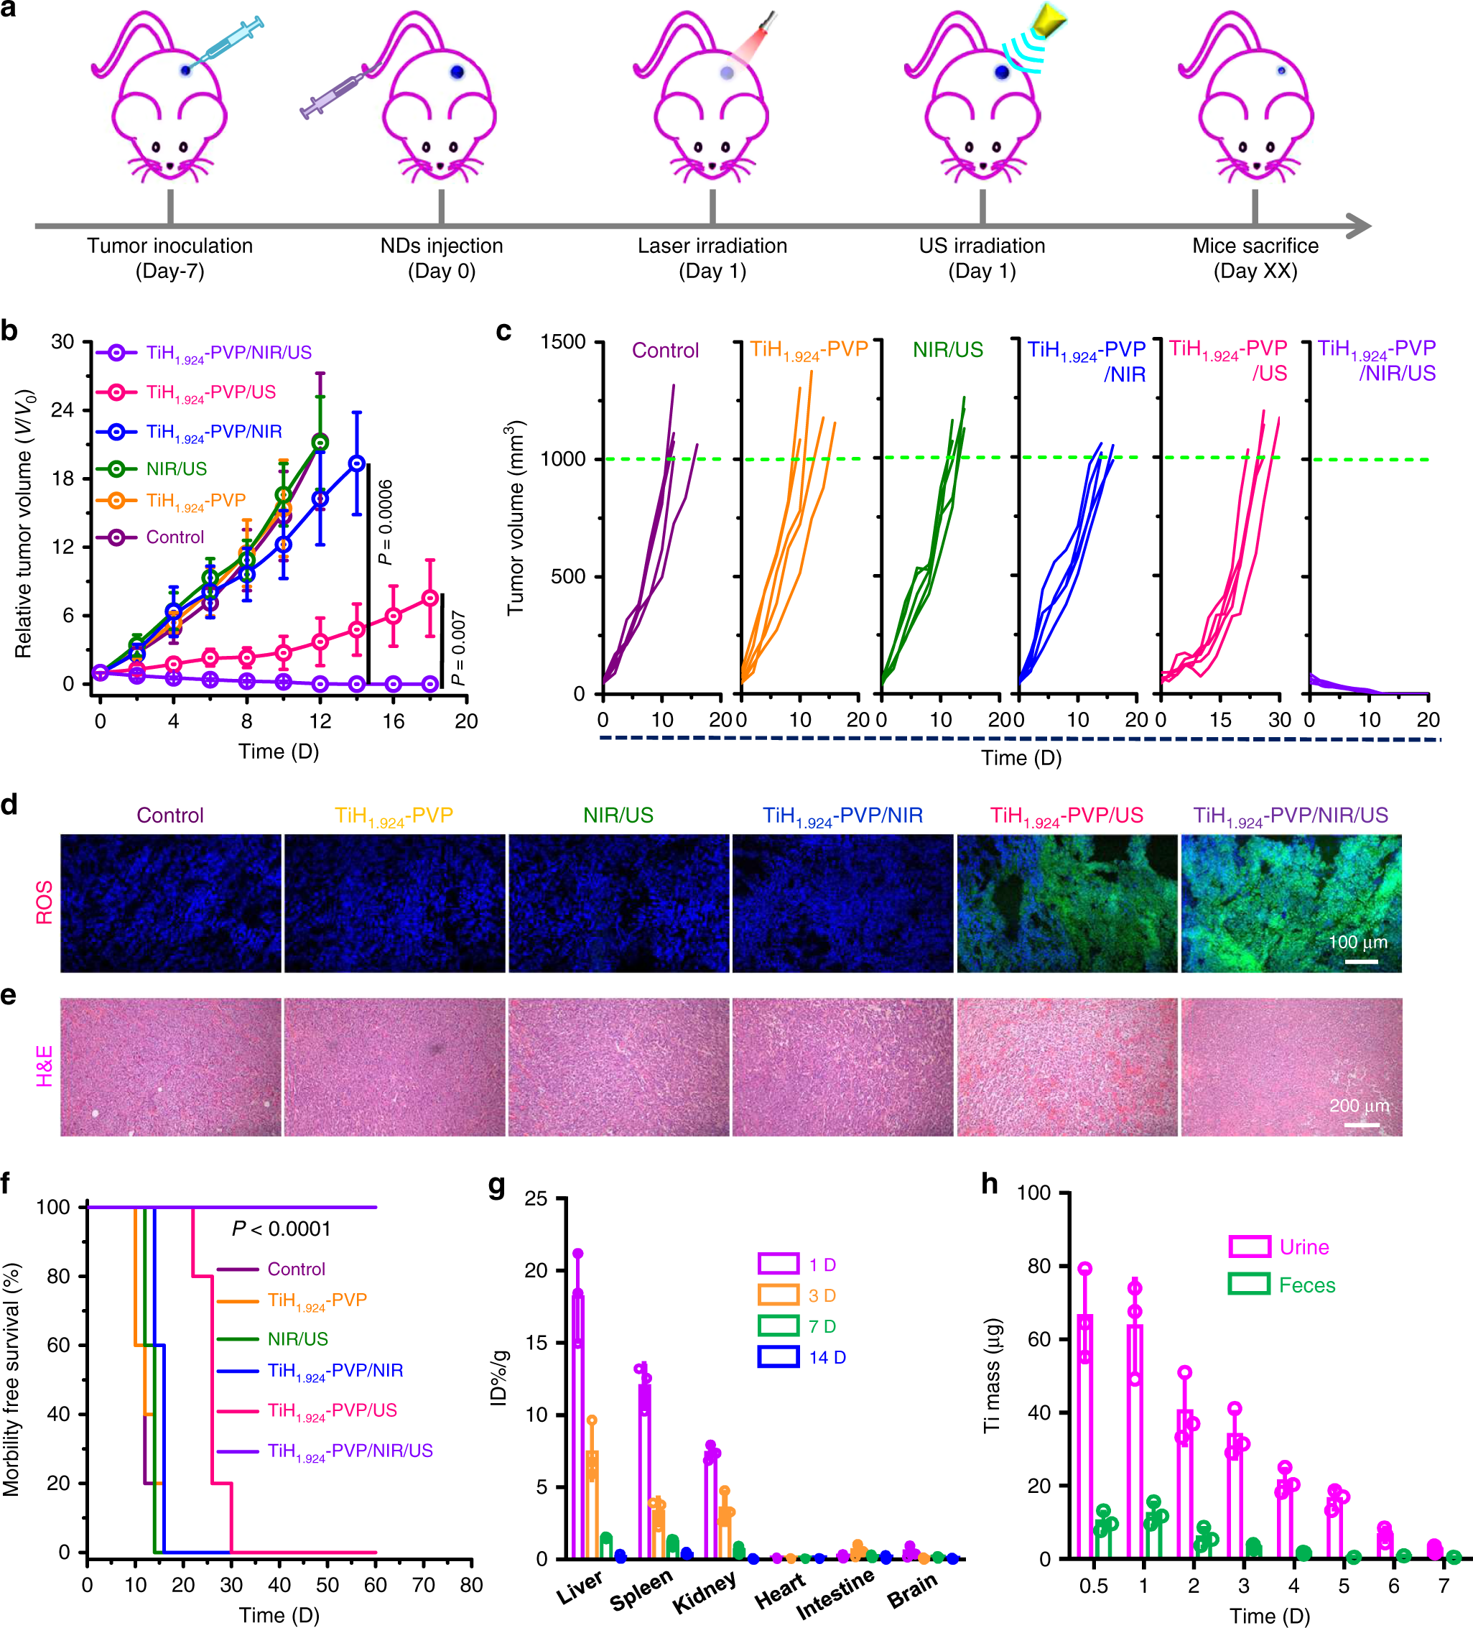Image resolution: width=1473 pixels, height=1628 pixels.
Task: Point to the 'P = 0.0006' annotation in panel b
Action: (386, 522)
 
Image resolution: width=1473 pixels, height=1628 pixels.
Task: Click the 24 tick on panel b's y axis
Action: (63, 410)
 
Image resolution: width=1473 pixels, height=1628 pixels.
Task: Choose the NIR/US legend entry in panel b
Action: (176, 468)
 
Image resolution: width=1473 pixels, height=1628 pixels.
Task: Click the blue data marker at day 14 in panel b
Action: (357, 463)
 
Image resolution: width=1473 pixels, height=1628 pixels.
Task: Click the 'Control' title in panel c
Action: (665, 351)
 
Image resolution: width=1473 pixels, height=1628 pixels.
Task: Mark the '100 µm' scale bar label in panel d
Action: (1357, 942)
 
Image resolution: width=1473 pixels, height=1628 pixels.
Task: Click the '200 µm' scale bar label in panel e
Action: (1360, 1106)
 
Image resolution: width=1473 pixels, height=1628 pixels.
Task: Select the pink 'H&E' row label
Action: (45, 1066)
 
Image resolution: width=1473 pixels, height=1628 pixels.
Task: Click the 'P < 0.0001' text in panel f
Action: (281, 1229)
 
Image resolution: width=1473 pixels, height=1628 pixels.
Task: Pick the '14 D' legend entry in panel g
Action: (827, 1357)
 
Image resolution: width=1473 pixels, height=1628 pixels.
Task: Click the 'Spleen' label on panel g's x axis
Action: (641, 1589)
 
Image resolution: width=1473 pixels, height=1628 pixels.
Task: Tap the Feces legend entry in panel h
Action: (1306, 1285)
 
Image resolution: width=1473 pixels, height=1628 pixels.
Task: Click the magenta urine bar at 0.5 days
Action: (1084, 1438)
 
